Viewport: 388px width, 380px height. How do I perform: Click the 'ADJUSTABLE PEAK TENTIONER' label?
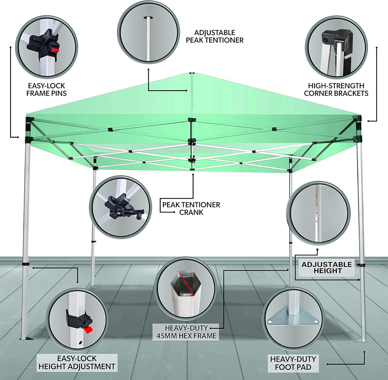[x=214, y=36]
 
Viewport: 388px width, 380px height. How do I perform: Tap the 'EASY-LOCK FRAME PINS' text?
[x=47, y=90]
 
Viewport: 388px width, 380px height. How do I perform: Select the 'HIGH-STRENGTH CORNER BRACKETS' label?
[x=336, y=90]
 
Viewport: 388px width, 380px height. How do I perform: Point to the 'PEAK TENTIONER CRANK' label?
[x=191, y=208]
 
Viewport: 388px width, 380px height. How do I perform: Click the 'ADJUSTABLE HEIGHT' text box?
[x=327, y=268]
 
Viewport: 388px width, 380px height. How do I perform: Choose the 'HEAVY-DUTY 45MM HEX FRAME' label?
[x=186, y=332]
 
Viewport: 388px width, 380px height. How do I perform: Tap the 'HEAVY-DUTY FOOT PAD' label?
[x=293, y=363]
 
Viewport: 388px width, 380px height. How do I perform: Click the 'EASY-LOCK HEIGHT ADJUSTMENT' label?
[x=77, y=363]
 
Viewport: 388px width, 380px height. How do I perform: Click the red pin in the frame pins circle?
[x=55, y=50]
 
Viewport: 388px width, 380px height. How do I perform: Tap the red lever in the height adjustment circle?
[x=88, y=330]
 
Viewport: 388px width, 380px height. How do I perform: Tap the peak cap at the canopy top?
[x=191, y=73]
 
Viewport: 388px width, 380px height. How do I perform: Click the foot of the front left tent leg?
[x=27, y=338]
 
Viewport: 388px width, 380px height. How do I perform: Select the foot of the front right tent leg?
[x=361, y=341]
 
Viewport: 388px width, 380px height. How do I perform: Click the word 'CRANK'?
[x=191, y=212]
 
